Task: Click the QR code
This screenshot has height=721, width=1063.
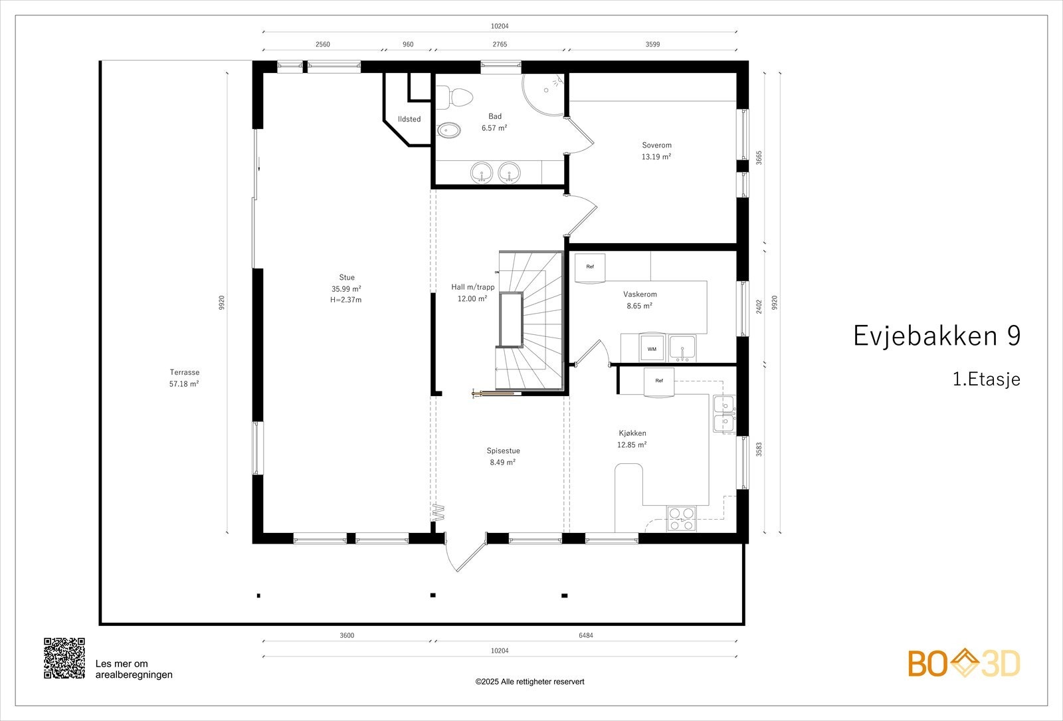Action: [x=64, y=658]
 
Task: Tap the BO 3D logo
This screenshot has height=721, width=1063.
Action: [x=964, y=663]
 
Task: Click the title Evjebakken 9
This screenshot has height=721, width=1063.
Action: [x=936, y=336]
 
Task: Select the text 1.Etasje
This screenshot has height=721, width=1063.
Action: [x=986, y=379]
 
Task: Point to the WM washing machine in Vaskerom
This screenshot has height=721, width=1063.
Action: [x=651, y=348]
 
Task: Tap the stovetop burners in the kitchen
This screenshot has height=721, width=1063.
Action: [x=682, y=518]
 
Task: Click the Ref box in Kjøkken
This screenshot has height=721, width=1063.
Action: [x=659, y=381]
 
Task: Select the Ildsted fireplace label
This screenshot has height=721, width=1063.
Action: [x=409, y=120]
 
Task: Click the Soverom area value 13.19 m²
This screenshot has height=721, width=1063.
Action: [x=656, y=157]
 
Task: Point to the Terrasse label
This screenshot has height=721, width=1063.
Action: [x=184, y=373]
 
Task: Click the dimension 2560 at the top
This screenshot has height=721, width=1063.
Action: [x=323, y=45]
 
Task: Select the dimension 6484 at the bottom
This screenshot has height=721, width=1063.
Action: [x=585, y=635]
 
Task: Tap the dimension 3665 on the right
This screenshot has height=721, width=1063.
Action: [x=759, y=158]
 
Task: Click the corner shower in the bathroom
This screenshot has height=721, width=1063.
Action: [x=543, y=90]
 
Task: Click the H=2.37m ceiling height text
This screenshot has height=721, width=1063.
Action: [x=346, y=300]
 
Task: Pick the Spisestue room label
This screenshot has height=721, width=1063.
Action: [x=503, y=451]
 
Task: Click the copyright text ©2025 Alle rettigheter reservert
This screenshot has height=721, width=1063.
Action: [x=530, y=682]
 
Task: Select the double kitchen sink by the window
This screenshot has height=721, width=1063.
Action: [x=724, y=413]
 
